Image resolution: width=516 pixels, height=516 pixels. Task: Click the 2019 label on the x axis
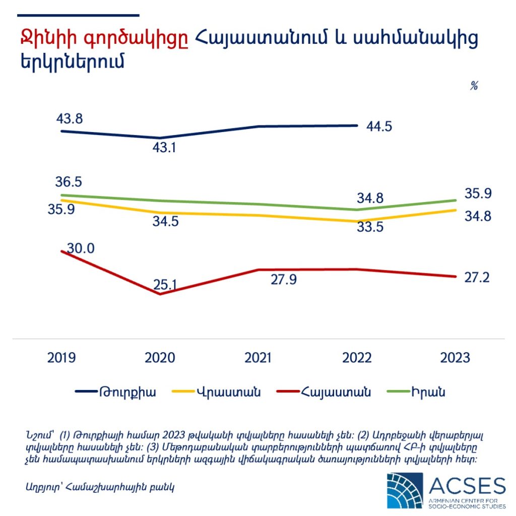61,358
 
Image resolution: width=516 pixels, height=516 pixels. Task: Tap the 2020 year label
160,358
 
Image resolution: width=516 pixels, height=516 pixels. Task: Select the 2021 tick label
258,358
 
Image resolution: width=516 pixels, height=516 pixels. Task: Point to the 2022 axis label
356,358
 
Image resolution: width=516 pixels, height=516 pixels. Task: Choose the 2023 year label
455,358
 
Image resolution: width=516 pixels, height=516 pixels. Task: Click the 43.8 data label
70,119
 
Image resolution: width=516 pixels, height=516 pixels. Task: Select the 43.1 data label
166,148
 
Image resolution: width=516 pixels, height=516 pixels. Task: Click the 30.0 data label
82,248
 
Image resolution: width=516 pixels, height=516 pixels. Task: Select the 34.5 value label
166,221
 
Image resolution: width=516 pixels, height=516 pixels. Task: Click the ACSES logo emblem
405,490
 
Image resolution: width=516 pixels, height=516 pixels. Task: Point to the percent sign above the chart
474,86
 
